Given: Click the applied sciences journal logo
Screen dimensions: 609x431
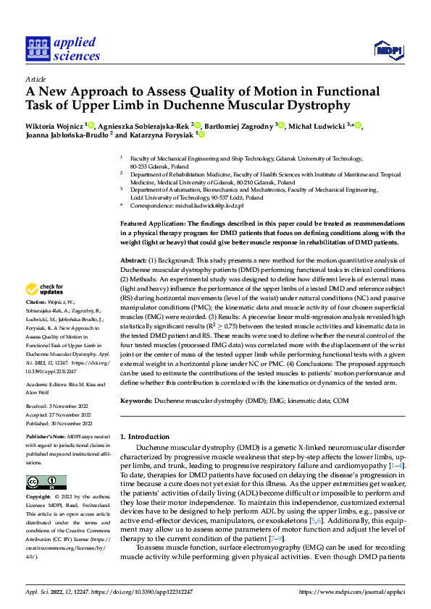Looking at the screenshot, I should click(x=63, y=48).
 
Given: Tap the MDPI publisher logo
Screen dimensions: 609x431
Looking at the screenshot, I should click(x=388, y=49).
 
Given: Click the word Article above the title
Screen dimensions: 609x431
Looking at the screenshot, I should click(x=35, y=78).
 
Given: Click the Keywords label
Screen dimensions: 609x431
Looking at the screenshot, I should click(x=135, y=400).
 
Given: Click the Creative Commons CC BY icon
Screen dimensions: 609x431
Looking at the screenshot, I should click(x=46, y=482).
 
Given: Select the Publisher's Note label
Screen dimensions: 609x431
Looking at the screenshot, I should click(x=46, y=438).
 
